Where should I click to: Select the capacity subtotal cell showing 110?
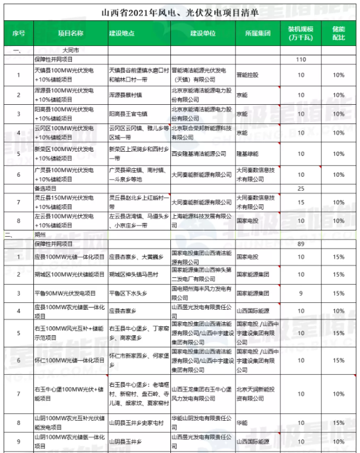[301, 59]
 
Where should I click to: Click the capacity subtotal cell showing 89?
[301, 243]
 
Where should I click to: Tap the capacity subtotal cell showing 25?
[301, 188]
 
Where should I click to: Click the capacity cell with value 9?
[301, 293]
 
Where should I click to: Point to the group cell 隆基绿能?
[247, 153]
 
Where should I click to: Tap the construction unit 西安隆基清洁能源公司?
[199, 153]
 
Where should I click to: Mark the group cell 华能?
[241, 422]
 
